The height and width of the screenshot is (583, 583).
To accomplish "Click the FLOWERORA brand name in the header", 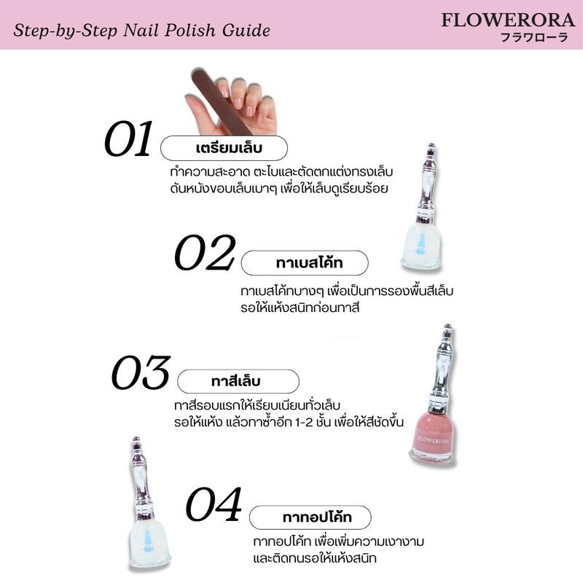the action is click(x=508, y=20).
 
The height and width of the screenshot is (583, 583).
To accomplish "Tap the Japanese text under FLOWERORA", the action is click(x=535, y=37).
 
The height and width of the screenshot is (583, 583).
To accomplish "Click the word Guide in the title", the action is click(x=246, y=31).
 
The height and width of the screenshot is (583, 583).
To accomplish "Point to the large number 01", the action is click(x=129, y=138).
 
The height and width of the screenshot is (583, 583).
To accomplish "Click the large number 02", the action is click(x=205, y=252).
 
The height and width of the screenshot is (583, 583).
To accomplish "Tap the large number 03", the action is click(x=141, y=372).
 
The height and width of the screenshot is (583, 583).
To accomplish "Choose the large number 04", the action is click(x=214, y=504).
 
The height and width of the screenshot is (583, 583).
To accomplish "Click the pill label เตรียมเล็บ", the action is click(x=224, y=148).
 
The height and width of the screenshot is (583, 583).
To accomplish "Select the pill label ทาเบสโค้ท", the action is click(x=305, y=263).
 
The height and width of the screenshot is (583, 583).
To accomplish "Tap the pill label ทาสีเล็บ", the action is click(x=238, y=381).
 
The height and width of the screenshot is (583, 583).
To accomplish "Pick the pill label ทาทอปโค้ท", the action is click(x=310, y=517).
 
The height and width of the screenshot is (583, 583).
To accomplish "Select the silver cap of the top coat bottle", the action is click(x=141, y=479).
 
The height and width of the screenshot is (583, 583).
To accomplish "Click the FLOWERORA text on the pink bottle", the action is click(x=433, y=440).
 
